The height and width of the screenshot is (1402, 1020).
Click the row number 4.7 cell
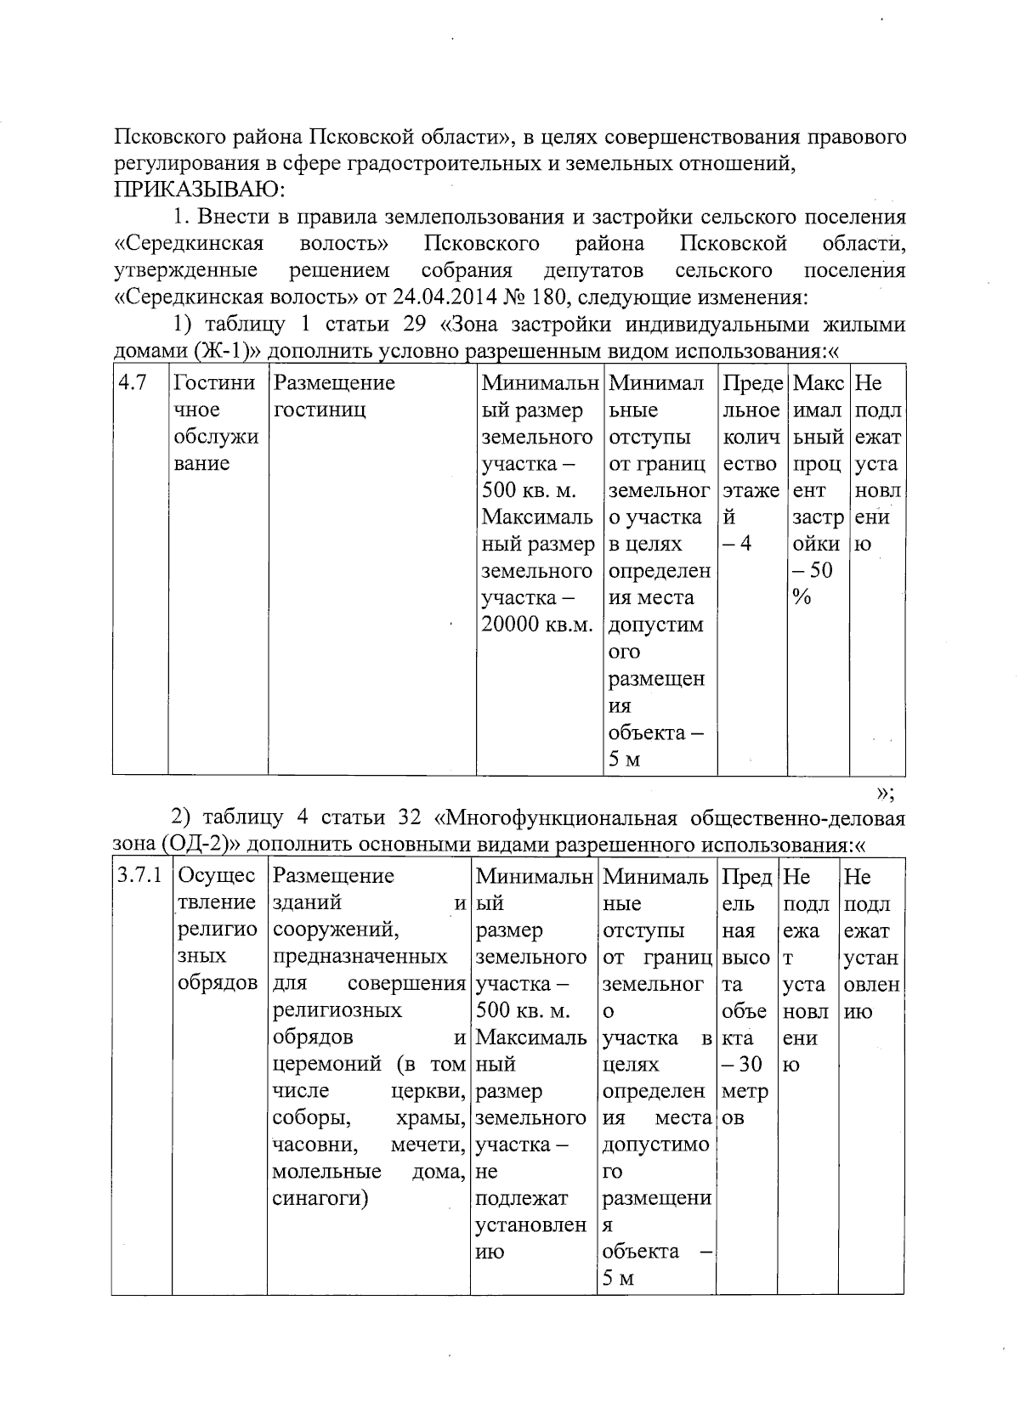click(133, 383)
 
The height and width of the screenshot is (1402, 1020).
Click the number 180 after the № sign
click(548, 298)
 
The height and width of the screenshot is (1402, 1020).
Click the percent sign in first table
click(801, 597)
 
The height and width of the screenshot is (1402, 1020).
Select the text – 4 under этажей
click(737, 544)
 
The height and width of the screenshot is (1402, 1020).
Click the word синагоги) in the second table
click(320, 1199)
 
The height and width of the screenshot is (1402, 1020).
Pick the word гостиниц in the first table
click(320, 410)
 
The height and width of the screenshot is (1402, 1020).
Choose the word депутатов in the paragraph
click(593, 271)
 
